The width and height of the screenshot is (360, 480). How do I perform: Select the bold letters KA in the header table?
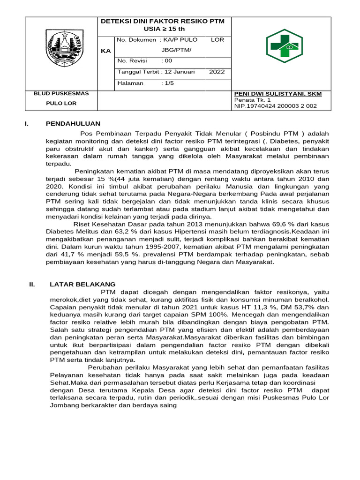106,51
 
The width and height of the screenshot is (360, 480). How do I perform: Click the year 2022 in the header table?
217,72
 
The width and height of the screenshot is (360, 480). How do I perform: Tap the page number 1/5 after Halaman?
167,83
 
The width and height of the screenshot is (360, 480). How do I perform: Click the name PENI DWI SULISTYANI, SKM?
277,94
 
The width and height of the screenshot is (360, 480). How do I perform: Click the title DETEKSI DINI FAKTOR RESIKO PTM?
163,21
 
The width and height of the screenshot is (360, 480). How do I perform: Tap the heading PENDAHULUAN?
73,124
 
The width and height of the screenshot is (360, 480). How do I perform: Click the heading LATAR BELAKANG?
82,284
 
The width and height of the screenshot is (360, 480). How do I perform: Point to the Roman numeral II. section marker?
32,284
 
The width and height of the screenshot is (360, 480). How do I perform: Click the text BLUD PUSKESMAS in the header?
61,94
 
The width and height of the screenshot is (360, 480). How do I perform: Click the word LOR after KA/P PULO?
217,40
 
